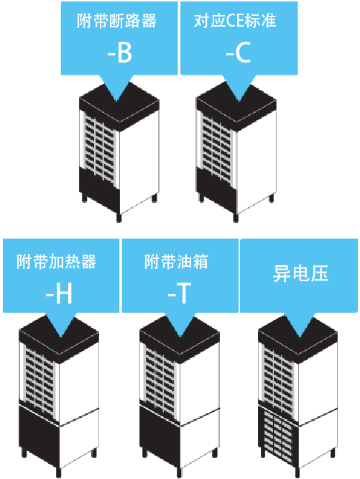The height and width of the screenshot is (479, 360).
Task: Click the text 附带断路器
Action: tap(116, 21)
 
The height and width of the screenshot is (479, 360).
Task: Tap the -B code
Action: tap(119, 53)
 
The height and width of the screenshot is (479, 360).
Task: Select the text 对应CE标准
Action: tap(235, 21)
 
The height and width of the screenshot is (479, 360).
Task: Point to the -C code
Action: tap(239, 53)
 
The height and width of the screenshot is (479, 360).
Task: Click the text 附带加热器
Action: tap(57, 262)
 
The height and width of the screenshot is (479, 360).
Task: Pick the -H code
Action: tap(59, 294)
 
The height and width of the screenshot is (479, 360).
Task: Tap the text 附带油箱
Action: tap(176, 262)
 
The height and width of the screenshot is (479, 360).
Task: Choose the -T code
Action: tap(180, 294)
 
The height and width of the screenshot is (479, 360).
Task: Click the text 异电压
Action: tap(300, 273)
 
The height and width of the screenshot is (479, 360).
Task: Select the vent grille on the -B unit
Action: tap(99, 150)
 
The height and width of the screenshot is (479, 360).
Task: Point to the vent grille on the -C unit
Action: tap(217, 150)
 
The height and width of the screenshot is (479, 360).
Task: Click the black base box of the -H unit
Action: tap(39, 434)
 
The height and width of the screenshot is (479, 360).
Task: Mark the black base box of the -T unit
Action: tap(160, 434)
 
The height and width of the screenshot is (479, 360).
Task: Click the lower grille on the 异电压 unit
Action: tap(278, 434)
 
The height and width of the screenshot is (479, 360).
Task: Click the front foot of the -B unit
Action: tap(119, 217)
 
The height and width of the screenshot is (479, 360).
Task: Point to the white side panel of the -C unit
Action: tap(257, 162)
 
